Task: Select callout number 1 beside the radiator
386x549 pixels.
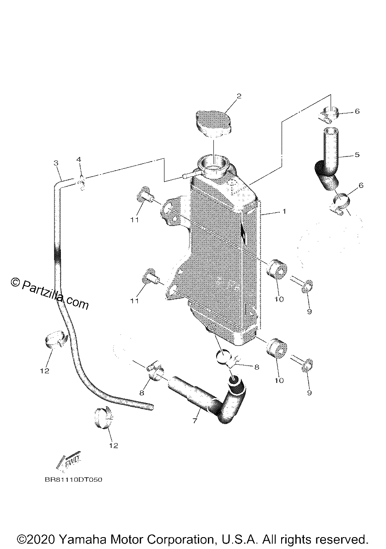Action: pos(284,211)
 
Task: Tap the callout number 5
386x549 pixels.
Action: pos(357,155)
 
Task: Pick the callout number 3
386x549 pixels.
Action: pos(56,163)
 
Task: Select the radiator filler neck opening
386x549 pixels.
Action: pos(213,166)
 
